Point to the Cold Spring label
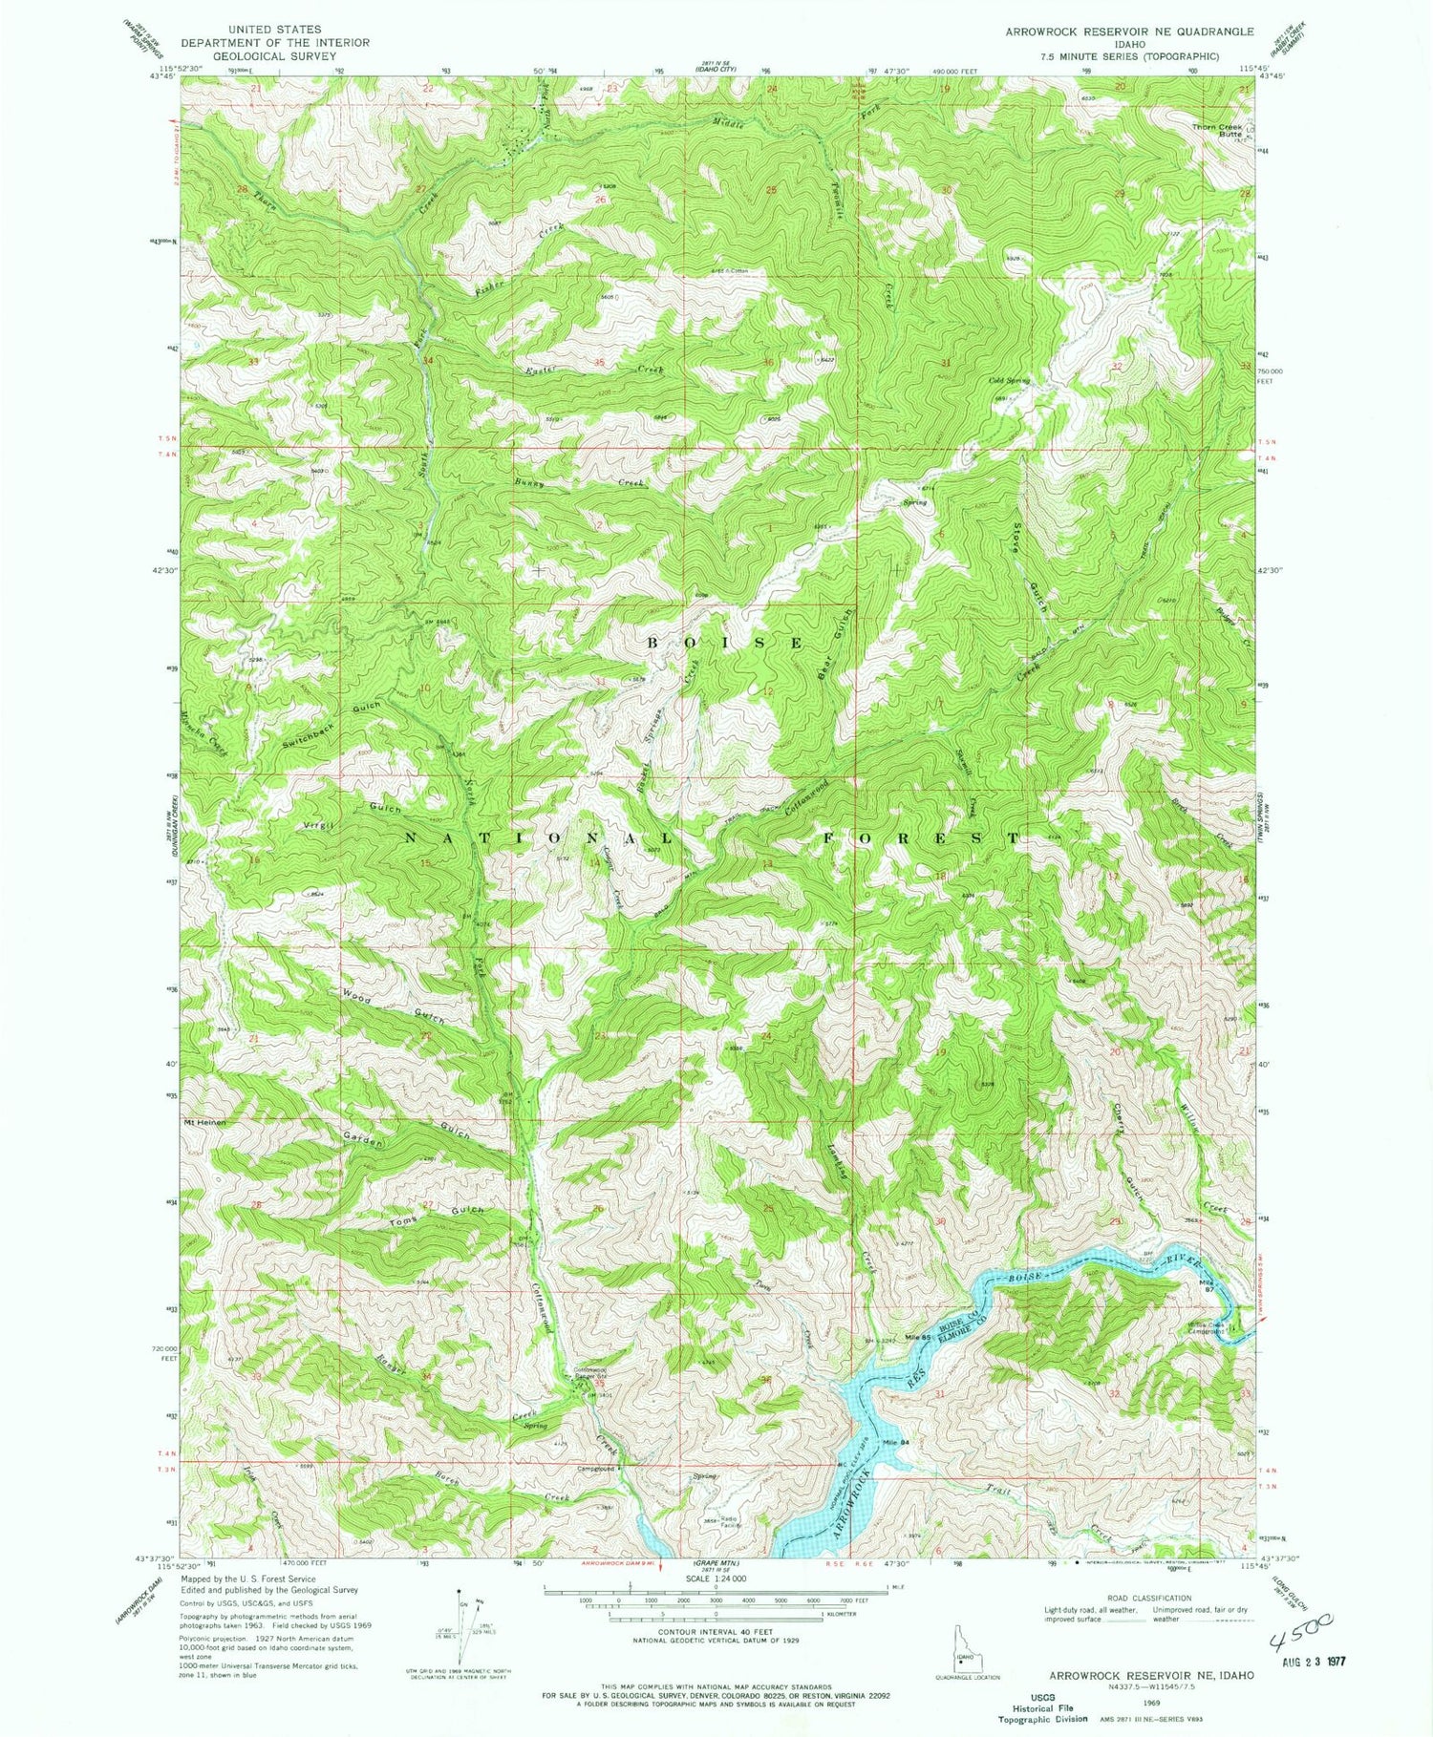(1009, 380)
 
